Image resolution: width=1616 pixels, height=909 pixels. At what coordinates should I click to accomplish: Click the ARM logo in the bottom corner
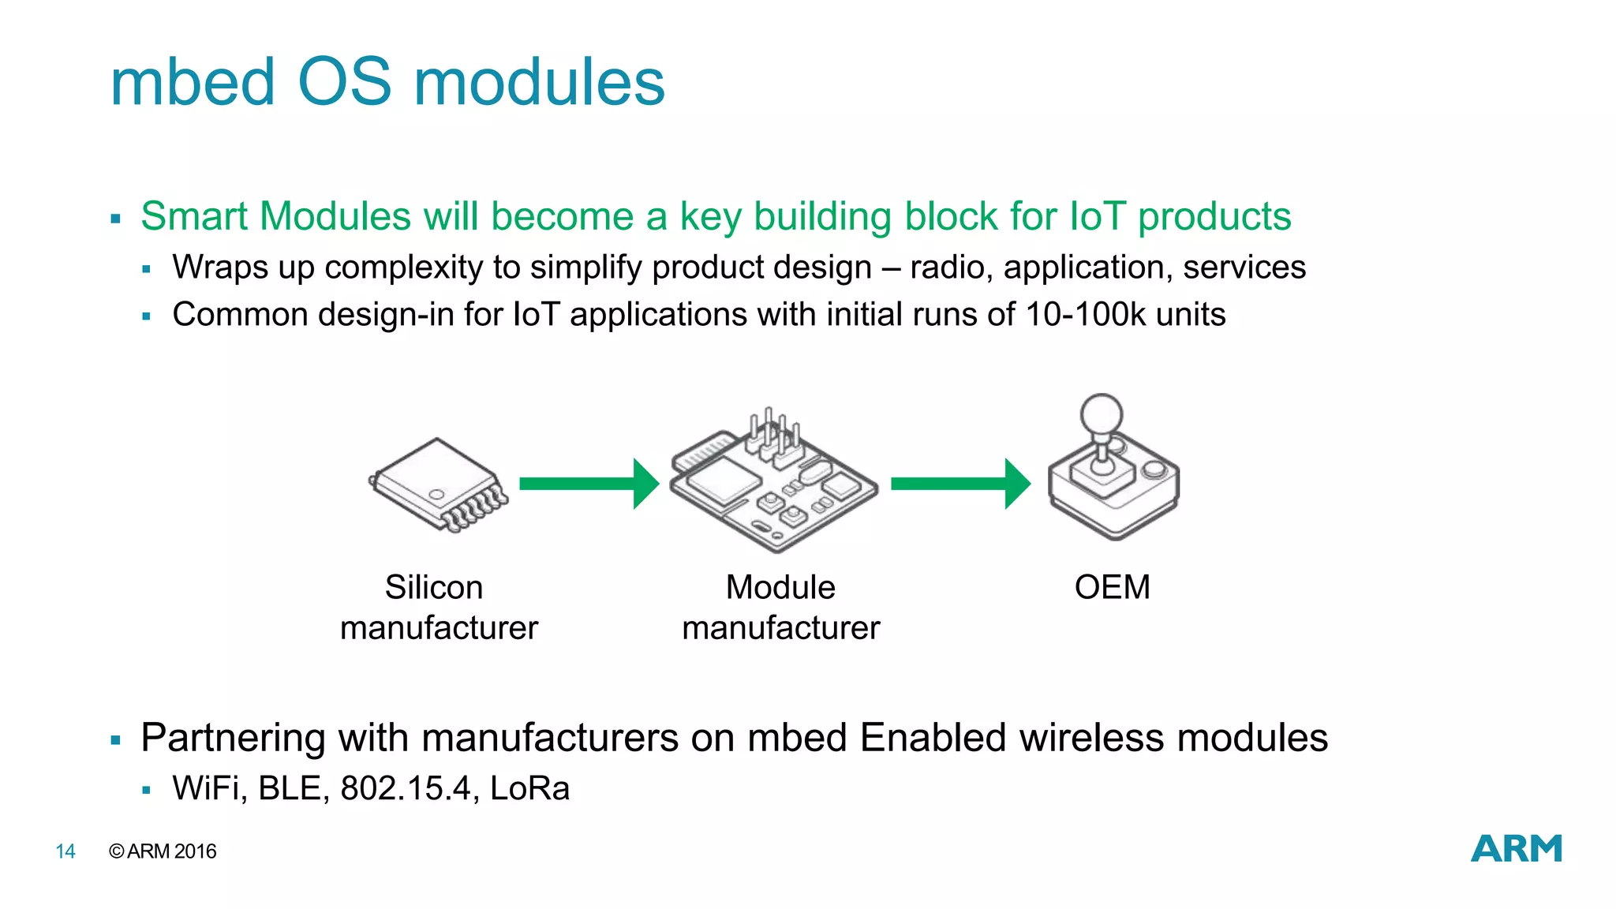pos(1516,848)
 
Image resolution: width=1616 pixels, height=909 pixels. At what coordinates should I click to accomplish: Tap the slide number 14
pos(65,851)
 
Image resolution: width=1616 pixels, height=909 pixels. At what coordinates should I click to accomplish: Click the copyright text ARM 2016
pos(163,851)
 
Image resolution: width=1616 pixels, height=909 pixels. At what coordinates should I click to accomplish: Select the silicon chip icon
pos(439,484)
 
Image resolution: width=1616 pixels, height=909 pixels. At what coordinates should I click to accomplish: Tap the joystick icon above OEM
pos(1113,473)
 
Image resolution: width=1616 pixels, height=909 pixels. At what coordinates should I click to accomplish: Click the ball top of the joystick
pos(1101,413)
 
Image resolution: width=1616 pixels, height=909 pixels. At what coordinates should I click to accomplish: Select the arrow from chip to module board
pos(589,484)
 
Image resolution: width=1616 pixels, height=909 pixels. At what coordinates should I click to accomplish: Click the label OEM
pos(1112,588)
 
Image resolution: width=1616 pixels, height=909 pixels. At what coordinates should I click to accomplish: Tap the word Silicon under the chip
pos(433,588)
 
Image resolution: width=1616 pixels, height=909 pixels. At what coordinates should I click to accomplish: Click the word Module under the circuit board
pos(780,588)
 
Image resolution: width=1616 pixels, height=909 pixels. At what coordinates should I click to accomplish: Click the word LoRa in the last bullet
pos(529,788)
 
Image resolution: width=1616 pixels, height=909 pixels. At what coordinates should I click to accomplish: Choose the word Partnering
pos(232,739)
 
